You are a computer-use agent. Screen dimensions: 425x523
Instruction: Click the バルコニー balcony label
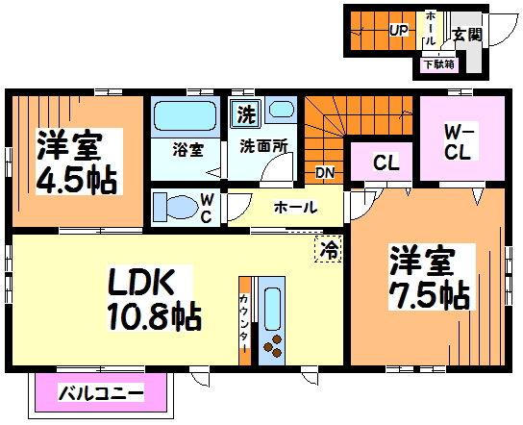point(101,392)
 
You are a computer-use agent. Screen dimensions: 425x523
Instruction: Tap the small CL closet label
point(386,163)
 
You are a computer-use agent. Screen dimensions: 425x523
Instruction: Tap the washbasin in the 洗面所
point(281,111)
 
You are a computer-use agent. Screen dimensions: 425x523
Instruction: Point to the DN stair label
point(326,173)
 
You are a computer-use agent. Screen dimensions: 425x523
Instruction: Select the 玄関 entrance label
point(467,36)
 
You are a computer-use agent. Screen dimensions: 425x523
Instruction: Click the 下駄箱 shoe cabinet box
point(438,64)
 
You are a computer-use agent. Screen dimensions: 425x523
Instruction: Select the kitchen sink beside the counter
point(272,307)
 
